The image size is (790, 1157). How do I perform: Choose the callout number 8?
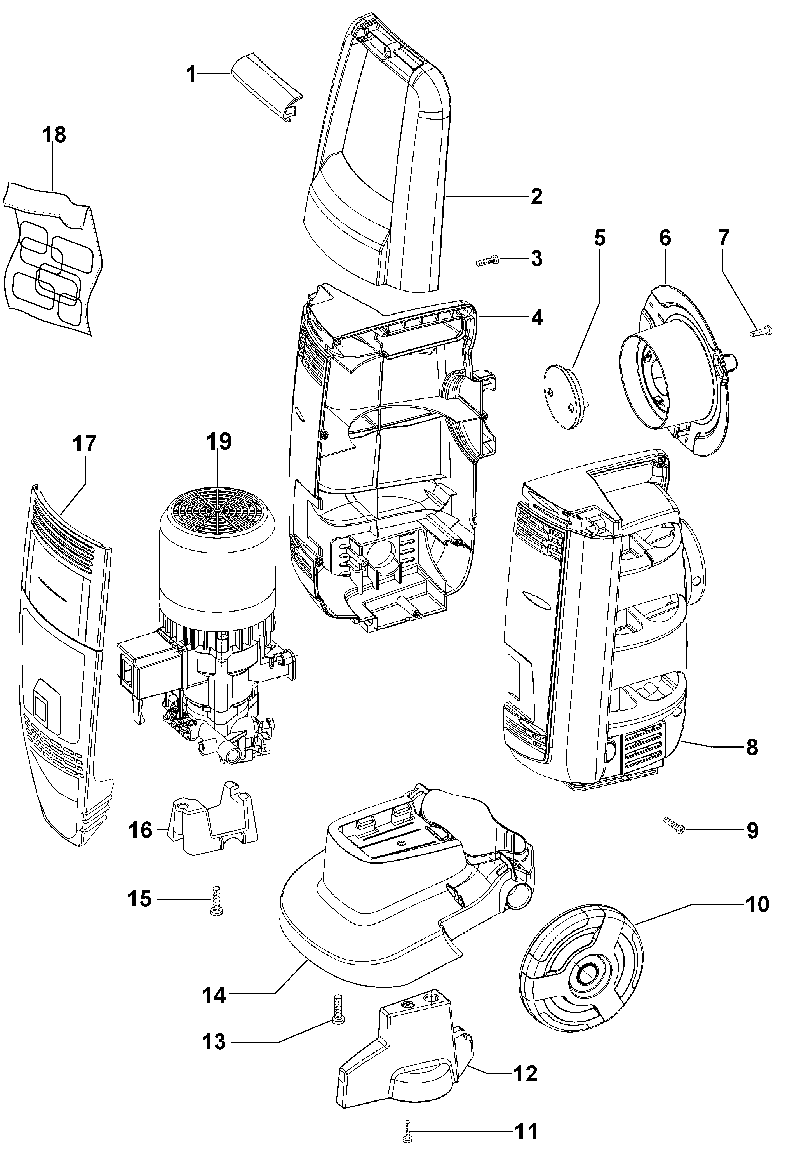coord(752,748)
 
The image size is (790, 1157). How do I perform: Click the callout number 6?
coord(665,238)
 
